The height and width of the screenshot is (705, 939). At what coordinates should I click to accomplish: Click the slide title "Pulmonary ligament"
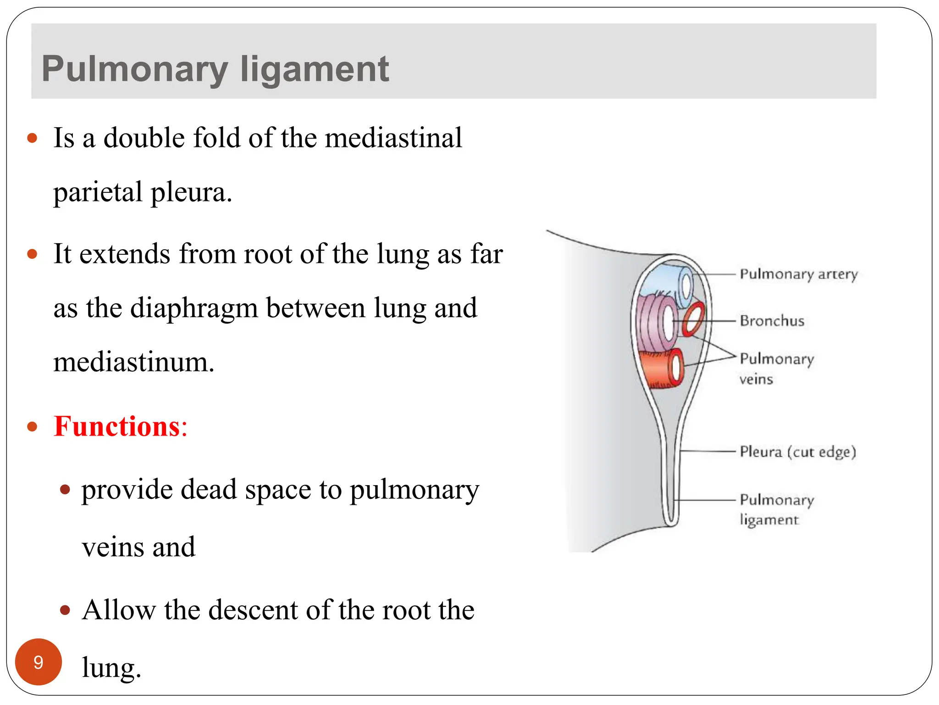[215, 69]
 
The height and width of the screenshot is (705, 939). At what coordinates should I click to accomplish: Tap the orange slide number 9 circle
[39, 661]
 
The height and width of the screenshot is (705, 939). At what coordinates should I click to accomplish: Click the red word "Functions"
[117, 426]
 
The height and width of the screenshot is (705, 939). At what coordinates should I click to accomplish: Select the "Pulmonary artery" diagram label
[798, 274]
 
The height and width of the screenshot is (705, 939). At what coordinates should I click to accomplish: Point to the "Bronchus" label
[772, 321]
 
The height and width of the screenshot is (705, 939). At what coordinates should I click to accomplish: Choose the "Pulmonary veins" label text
[776, 368]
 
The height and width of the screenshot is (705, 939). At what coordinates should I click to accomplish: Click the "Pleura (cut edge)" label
[797, 452]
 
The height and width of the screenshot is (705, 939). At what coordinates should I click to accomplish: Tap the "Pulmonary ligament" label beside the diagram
[776, 509]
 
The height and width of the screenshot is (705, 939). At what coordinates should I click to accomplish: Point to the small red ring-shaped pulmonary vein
[693, 319]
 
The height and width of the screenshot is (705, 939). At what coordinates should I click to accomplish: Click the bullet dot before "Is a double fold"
[32, 138]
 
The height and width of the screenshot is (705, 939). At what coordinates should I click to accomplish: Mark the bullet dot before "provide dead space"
[65, 490]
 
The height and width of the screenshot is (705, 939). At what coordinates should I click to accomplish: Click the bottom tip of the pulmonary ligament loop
[670, 523]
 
